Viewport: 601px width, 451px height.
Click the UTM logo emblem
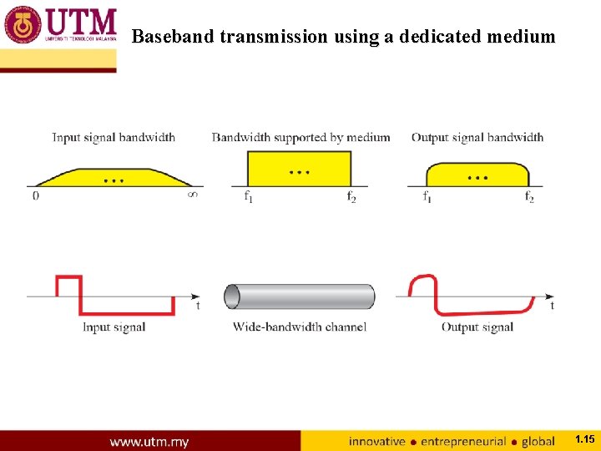23,24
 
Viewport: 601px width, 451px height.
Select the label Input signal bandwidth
114,137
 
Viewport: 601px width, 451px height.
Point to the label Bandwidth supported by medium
300,137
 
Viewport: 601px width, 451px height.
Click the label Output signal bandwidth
477,137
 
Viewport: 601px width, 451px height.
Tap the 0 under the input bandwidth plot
35,196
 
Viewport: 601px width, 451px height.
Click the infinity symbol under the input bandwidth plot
193,196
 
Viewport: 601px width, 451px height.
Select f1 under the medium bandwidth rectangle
248,197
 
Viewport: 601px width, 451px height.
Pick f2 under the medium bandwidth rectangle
351,197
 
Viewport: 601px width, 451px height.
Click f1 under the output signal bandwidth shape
427,197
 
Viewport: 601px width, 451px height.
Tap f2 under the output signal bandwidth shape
529,197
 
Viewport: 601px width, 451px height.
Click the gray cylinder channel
300,296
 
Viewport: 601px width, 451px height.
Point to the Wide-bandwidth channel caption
300,327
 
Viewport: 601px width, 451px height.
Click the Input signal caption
114,327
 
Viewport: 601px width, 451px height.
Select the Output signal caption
477,327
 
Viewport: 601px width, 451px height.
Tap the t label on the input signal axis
198,307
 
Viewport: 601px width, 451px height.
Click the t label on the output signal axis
552,307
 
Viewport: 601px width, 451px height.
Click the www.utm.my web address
149,441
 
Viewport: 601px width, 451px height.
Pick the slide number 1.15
584,438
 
